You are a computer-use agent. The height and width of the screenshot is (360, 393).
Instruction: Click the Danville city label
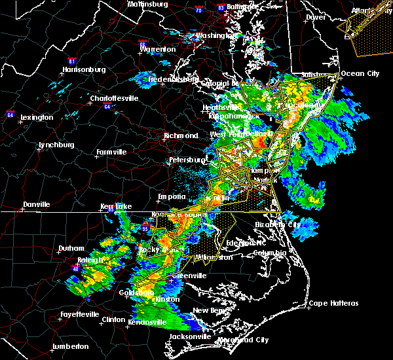(x=36, y=205)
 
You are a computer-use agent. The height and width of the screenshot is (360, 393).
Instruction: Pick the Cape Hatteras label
(x=334, y=303)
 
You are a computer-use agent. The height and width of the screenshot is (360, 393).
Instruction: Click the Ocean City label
(x=360, y=74)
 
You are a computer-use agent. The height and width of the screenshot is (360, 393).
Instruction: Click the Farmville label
(x=111, y=152)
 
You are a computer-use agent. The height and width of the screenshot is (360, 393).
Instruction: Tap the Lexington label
(x=36, y=117)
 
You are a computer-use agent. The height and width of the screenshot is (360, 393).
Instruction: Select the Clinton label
(x=114, y=319)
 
